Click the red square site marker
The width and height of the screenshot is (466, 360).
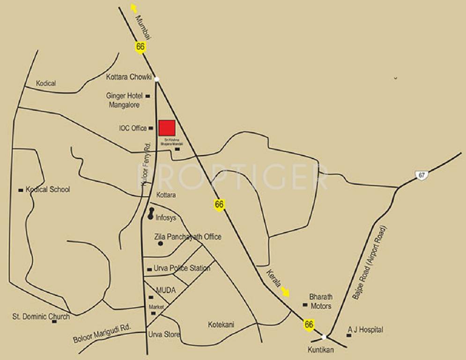(x=167, y=127)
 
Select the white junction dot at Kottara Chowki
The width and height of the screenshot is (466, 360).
(x=157, y=79)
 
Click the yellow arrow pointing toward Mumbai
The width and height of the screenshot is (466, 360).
(x=134, y=8)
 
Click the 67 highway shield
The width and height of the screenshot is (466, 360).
(x=422, y=175)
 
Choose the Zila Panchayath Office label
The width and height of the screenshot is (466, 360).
(x=187, y=237)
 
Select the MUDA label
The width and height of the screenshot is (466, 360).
(x=166, y=291)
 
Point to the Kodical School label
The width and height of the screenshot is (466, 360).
(x=48, y=189)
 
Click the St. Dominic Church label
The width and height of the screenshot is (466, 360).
(x=41, y=316)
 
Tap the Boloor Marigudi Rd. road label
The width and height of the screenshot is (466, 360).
(x=103, y=333)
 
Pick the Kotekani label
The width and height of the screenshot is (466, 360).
(x=221, y=324)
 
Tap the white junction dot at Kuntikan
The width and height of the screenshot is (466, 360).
(x=324, y=337)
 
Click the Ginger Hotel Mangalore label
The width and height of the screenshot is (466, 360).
(x=124, y=100)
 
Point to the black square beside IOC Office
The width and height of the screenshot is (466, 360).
(x=151, y=128)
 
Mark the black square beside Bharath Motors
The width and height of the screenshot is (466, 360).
(x=305, y=305)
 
